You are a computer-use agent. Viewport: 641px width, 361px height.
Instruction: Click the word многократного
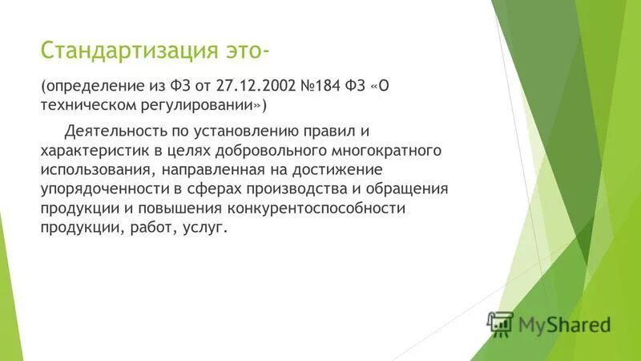pyautogui.click(x=387, y=151)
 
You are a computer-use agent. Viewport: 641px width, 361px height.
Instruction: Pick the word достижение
pyautogui.click(x=356, y=170)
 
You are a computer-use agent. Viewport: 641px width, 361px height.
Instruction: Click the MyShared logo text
pyautogui.click(x=564, y=325)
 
